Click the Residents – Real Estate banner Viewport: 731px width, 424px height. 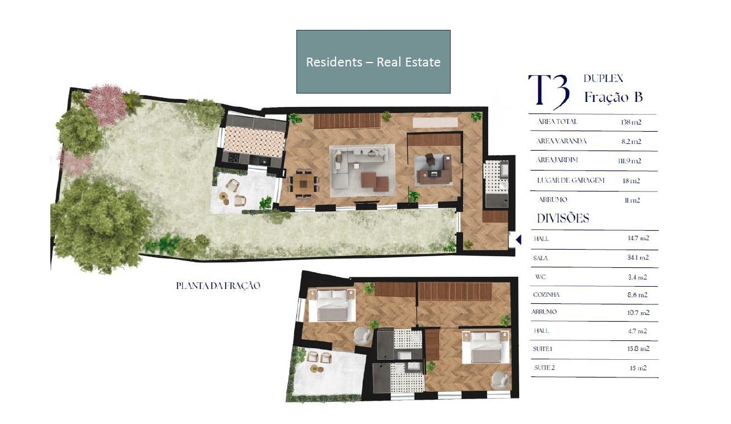[373, 62]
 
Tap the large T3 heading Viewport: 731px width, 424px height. [549, 91]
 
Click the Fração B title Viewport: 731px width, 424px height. [613, 97]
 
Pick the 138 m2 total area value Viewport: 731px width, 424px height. [631, 122]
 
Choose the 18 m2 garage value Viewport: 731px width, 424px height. [631, 180]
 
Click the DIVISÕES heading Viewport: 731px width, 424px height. [563, 218]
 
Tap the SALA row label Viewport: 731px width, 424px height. [540, 258]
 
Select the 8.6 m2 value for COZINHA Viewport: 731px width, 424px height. [638, 295]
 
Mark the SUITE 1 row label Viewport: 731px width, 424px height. [542, 349]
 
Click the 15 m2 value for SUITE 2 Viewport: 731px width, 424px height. [638, 368]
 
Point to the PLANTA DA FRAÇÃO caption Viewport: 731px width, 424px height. [218, 286]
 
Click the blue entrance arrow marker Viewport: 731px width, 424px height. [519, 240]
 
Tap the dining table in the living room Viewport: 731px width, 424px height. [304, 184]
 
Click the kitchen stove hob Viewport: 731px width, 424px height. [234, 158]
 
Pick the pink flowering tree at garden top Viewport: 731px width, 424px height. [106, 105]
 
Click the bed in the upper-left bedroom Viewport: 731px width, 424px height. [332, 306]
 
